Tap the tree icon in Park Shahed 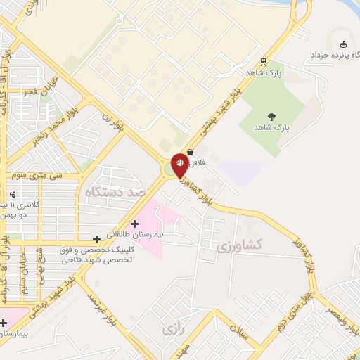coord(271,117)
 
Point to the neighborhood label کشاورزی coord(239,245)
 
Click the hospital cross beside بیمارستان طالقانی coord(134,224)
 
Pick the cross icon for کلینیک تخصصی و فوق coord(96,240)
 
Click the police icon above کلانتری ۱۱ coord(13,194)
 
